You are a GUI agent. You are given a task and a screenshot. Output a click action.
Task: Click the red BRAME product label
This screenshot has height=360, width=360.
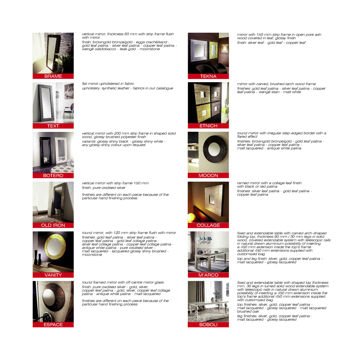click(x=53, y=76)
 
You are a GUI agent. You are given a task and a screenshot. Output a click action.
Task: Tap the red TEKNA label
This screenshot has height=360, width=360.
click(x=208, y=76)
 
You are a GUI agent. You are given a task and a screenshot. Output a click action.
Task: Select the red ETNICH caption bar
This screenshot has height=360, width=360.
click(x=208, y=126)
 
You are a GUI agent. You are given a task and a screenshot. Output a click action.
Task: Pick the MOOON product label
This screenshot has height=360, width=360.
click(x=208, y=175)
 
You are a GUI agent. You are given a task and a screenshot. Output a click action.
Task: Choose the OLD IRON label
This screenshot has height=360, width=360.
click(x=53, y=225)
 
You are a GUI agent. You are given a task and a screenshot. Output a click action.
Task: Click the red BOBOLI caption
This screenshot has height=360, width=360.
click(x=208, y=325)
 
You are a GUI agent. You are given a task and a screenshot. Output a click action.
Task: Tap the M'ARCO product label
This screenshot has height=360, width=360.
click(x=208, y=275)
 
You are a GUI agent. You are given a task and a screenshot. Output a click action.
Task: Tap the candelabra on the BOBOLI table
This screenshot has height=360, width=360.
click(x=216, y=296)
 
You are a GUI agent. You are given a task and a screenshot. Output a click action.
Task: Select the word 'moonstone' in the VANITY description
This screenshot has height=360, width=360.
click(x=92, y=255)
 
